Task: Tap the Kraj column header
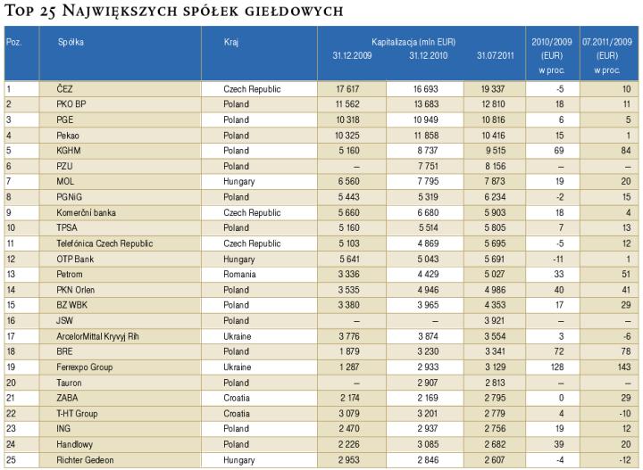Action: coord(231,42)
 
